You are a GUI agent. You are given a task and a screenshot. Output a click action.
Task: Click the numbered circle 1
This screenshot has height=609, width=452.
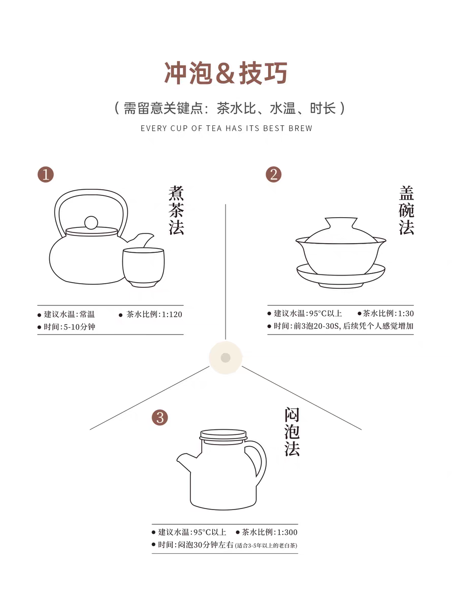[x=46, y=175]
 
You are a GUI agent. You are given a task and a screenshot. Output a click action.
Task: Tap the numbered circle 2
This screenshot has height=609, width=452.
[x=273, y=175]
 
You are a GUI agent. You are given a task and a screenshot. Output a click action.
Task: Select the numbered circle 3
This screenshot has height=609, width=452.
[x=159, y=418]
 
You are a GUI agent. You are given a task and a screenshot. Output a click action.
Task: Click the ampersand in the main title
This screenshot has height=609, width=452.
[x=225, y=73]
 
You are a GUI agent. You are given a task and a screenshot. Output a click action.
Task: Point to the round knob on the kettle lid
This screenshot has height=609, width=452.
[x=91, y=223]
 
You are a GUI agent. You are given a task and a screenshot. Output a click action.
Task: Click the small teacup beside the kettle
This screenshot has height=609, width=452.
[x=143, y=267]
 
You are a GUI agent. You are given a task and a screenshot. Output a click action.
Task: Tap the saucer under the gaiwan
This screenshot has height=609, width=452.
[x=341, y=276]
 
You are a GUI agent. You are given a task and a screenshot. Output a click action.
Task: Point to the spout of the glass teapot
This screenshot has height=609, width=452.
[x=186, y=461]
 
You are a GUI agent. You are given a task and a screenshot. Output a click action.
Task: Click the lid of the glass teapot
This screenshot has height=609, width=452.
[x=223, y=436]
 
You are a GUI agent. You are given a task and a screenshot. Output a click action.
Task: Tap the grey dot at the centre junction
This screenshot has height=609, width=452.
[x=225, y=357]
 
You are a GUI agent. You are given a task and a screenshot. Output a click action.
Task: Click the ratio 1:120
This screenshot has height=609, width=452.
[x=172, y=314]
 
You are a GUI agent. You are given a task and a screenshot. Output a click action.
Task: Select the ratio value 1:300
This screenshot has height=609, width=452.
[x=287, y=532]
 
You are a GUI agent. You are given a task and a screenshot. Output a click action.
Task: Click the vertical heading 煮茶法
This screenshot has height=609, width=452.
[x=176, y=210]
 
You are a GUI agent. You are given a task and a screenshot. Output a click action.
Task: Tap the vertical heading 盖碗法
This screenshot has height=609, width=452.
[x=406, y=210]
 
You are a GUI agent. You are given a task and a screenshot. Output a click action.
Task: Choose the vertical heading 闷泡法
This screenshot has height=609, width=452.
[x=292, y=431]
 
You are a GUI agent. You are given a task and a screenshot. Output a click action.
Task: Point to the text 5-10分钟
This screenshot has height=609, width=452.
[x=79, y=327]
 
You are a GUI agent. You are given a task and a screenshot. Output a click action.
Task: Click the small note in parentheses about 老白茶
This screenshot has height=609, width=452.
[x=266, y=546]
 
